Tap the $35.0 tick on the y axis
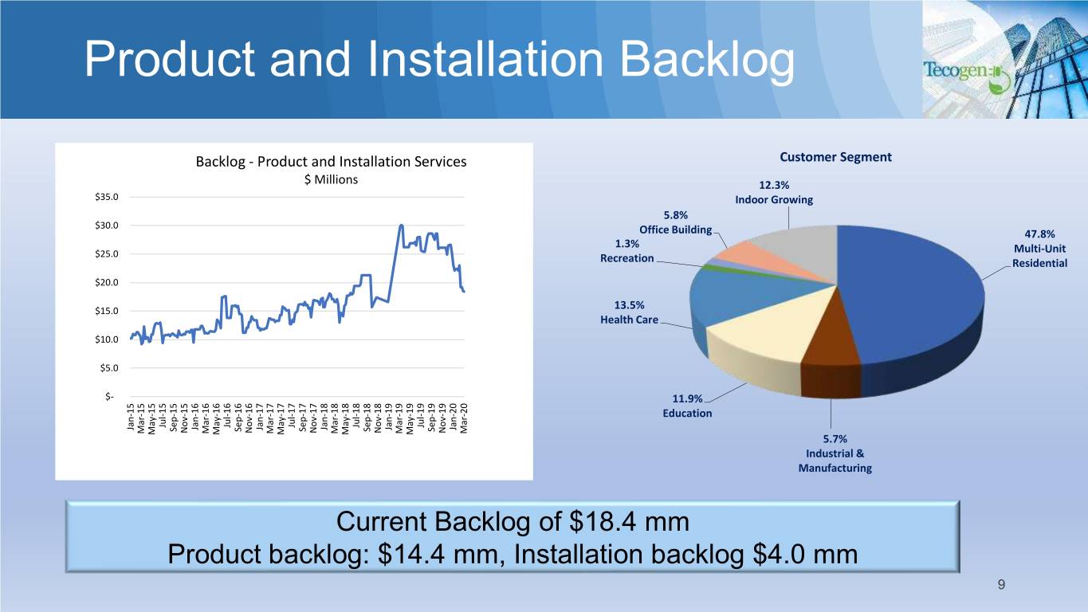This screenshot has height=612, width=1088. pos(106,197)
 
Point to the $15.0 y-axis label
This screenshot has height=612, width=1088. pos(106,311)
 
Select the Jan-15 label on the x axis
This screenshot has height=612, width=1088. pos(130,417)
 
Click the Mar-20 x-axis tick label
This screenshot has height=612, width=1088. pos(464,418)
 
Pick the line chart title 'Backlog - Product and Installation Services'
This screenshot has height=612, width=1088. pos(331,162)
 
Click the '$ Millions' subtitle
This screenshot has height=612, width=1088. pos(331,180)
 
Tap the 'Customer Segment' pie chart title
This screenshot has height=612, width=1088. pos(835,157)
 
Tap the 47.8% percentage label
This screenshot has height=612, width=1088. pos(1039,234)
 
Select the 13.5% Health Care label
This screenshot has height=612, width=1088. pos(629,312)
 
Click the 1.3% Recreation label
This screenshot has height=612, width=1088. pos(627,251)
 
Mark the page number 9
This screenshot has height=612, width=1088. pos(1001,584)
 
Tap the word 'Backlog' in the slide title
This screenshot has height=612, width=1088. pos(707,61)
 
